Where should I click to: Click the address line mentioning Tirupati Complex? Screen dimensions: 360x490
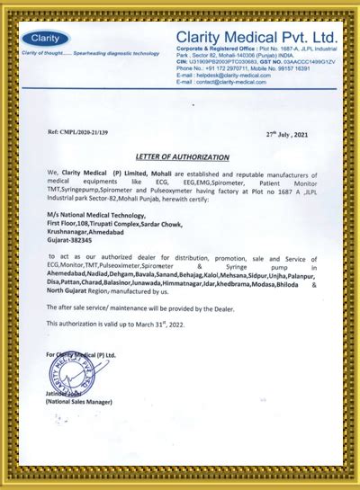click(100, 224)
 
